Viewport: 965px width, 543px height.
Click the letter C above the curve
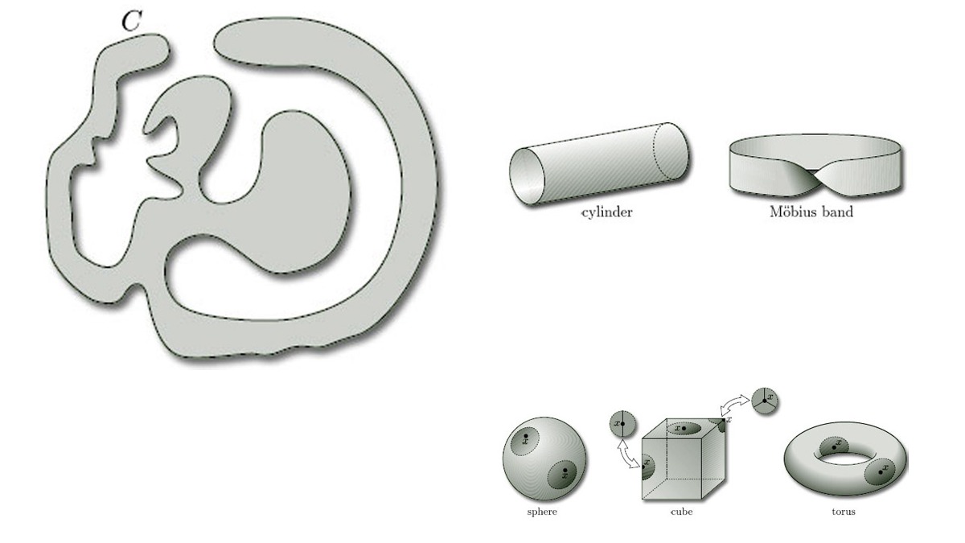tap(131, 21)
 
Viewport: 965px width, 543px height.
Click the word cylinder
tap(607, 212)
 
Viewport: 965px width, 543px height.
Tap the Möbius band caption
tap(811, 211)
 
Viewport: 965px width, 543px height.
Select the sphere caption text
tap(542, 512)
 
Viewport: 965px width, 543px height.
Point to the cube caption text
tap(682, 512)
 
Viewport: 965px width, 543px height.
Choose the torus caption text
tap(844, 512)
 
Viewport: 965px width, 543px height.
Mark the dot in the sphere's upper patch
tap(526, 436)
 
